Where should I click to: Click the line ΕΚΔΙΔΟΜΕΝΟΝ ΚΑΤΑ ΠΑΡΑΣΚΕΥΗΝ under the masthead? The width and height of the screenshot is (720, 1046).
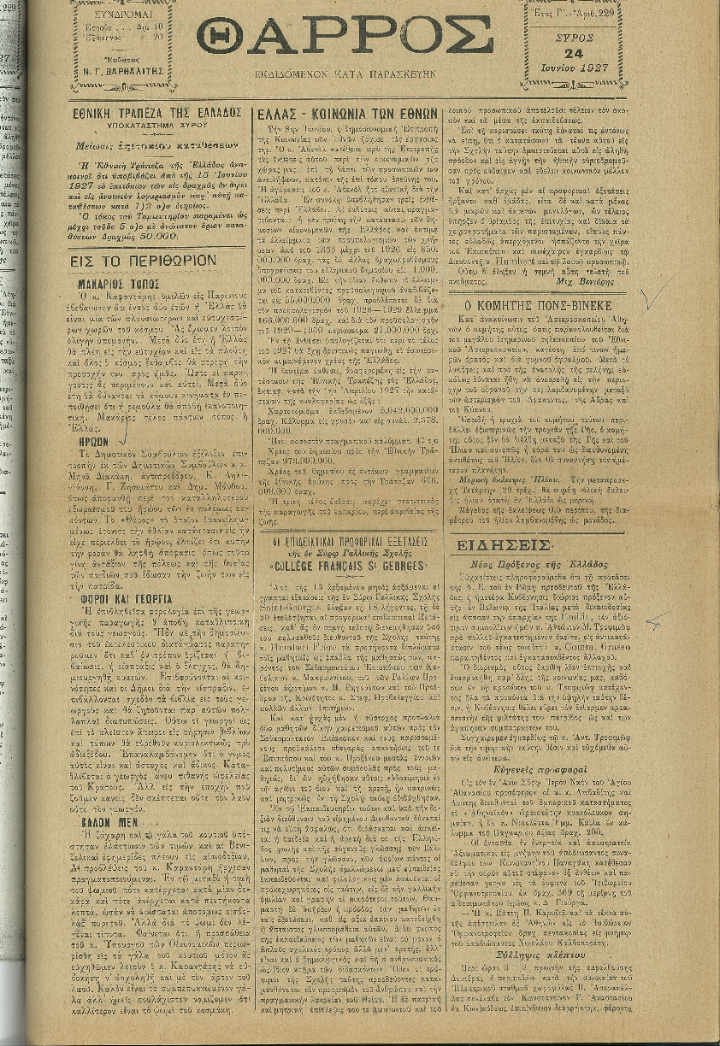pyautogui.click(x=347, y=75)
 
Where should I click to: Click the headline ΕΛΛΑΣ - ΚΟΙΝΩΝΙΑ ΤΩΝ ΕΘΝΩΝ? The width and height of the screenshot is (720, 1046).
pyautogui.click(x=348, y=112)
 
